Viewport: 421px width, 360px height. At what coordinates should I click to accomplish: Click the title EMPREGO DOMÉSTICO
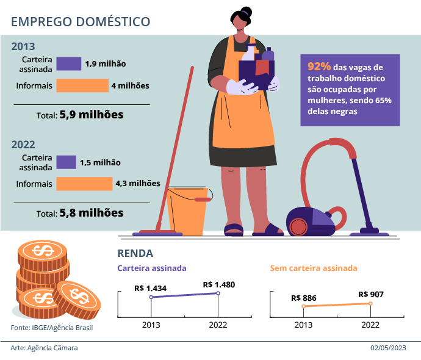tap(81, 21)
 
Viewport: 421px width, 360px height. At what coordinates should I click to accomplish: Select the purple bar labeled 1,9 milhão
tap(69, 63)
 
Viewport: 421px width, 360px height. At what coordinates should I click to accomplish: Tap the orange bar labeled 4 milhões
tap(82, 86)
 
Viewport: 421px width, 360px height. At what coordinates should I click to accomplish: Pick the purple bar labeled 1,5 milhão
tap(66, 162)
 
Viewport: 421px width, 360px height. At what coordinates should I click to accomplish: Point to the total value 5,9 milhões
tap(92, 114)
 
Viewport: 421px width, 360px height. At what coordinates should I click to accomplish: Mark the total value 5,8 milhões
tap(92, 213)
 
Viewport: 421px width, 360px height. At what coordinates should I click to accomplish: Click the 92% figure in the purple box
tap(319, 67)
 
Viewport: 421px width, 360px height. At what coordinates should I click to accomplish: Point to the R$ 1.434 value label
tap(151, 287)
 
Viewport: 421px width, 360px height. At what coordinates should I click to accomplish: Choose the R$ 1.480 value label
tap(218, 284)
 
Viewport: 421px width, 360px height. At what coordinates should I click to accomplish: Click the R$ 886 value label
tap(304, 298)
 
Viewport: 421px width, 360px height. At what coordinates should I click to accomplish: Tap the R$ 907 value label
tap(371, 295)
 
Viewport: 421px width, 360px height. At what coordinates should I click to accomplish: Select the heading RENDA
tap(134, 253)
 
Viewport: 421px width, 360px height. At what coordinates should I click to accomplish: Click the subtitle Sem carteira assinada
tap(313, 268)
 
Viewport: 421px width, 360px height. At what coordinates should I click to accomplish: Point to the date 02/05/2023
tap(388, 348)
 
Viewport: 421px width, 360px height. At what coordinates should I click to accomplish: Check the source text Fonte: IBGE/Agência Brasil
tap(52, 328)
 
